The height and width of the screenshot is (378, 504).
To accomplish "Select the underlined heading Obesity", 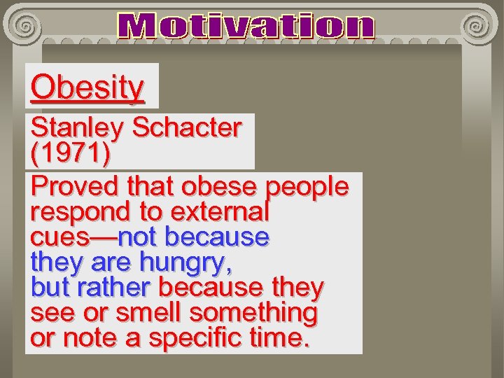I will [87, 87].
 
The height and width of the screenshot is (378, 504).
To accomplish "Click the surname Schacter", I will [187, 127].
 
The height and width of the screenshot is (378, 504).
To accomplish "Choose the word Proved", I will [76, 187].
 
